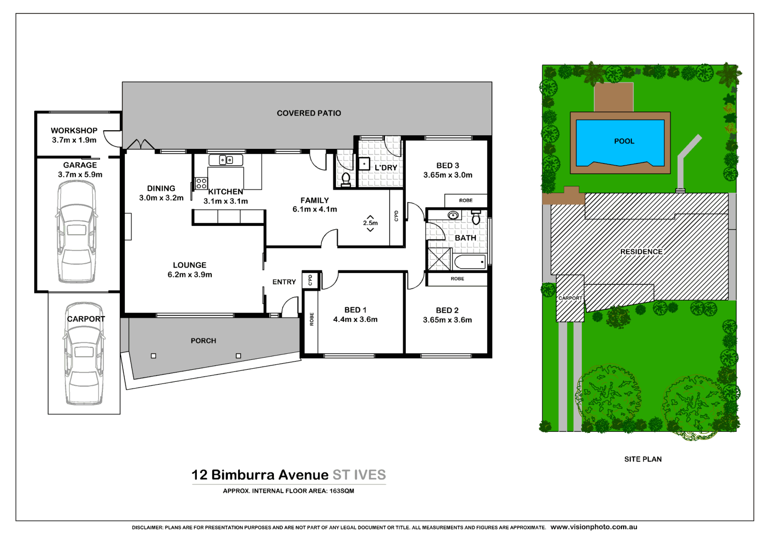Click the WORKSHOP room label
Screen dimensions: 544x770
coord(74,131)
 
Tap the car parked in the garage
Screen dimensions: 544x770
coord(76,232)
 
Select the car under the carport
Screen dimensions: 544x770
coord(84,354)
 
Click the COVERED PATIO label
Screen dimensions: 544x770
coord(309,113)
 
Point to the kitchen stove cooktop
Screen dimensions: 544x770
coord(201,183)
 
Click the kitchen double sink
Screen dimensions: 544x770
coord(226,160)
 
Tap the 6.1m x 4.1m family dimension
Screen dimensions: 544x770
coord(315,209)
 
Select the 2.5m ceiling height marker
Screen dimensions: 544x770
coord(370,223)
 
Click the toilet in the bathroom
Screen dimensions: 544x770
coord(476,218)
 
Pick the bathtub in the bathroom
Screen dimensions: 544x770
coord(470,262)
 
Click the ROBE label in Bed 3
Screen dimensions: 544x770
coord(465,201)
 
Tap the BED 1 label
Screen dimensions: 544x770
coord(355,310)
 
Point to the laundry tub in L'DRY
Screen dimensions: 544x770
coord(364,164)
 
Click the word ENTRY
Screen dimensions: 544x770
coord(284,282)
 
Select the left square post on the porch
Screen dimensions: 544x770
coord(153,356)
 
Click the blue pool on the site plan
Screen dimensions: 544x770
coord(620,142)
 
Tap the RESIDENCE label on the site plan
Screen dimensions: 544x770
coord(641,252)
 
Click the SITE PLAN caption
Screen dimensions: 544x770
coord(642,459)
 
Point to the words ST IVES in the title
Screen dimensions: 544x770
coord(359,475)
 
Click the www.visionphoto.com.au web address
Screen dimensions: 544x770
coord(593,527)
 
